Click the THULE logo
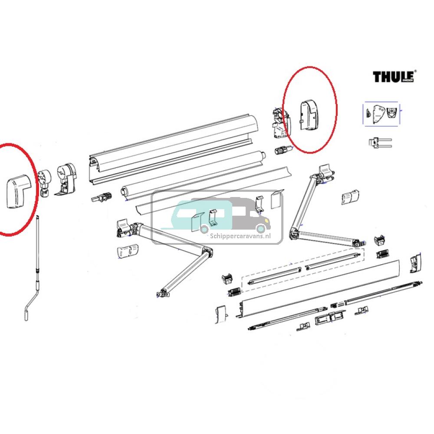tap(394, 76)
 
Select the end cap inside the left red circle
tap(20, 190)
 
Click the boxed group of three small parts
tap(381, 114)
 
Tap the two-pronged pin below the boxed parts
tap(380, 143)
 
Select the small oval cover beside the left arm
tap(128, 251)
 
